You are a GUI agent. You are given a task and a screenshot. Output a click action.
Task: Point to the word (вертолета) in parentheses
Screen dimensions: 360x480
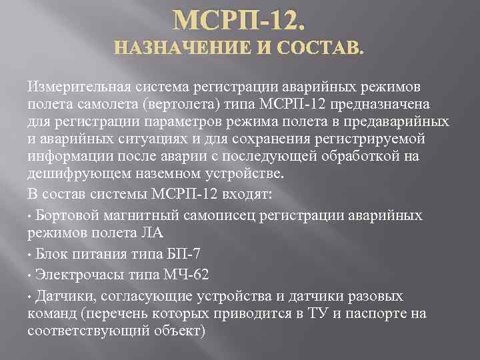(x=200, y=105)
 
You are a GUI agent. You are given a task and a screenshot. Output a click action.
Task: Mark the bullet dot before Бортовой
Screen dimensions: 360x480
(x=31, y=217)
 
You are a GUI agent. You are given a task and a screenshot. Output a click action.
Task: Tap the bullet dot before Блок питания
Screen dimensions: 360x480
(x=31, y=255)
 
